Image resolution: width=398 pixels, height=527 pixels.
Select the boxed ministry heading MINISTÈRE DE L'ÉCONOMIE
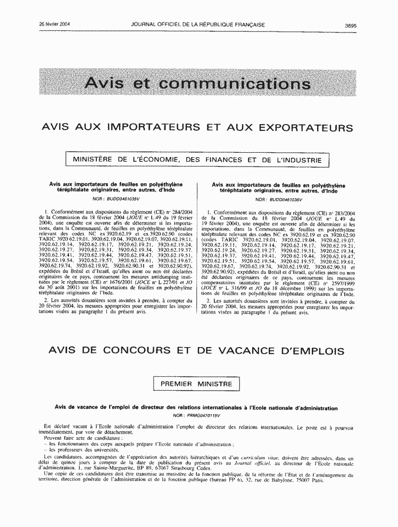[197, 159]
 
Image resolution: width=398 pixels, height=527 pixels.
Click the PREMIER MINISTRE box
[196, 383]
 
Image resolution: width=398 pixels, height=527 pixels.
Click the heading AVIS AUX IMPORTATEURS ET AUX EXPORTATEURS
[197, 128]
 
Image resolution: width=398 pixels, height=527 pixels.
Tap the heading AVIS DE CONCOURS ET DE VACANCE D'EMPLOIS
[196, 351]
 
